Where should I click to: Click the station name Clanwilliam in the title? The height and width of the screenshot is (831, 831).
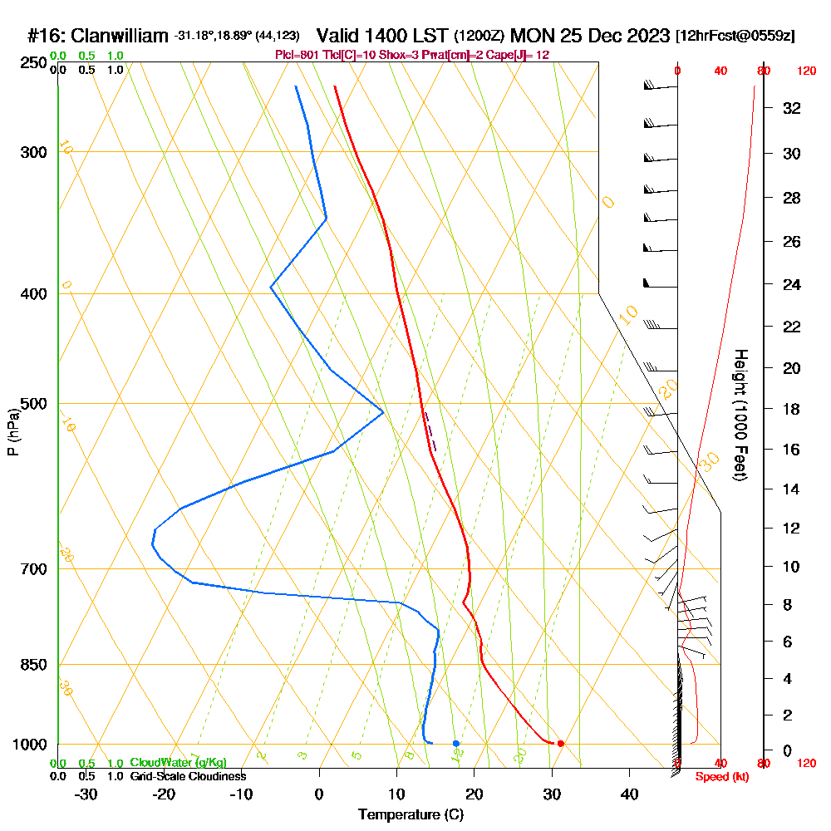tap(120, 36)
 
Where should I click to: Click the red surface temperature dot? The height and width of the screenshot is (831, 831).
tap(561, 743)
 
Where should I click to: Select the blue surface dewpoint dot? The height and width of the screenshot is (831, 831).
tap(456, 743)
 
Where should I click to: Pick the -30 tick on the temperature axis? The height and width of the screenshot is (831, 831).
tap(86, 794)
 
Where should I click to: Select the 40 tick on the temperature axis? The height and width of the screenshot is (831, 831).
tap(629, 794)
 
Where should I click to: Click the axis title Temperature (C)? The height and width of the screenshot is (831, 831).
tap(411, 815)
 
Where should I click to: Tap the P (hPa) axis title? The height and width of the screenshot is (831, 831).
tap(12, 431)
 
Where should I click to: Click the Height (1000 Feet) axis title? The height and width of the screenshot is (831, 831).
tap(740, 415)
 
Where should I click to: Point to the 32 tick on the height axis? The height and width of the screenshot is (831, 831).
tap(792, 108)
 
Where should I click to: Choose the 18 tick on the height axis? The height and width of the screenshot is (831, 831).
tap(792, 409)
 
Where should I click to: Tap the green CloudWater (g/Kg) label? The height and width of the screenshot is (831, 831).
tap(178, 762)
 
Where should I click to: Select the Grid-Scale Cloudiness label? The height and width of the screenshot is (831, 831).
tap(187, 776)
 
